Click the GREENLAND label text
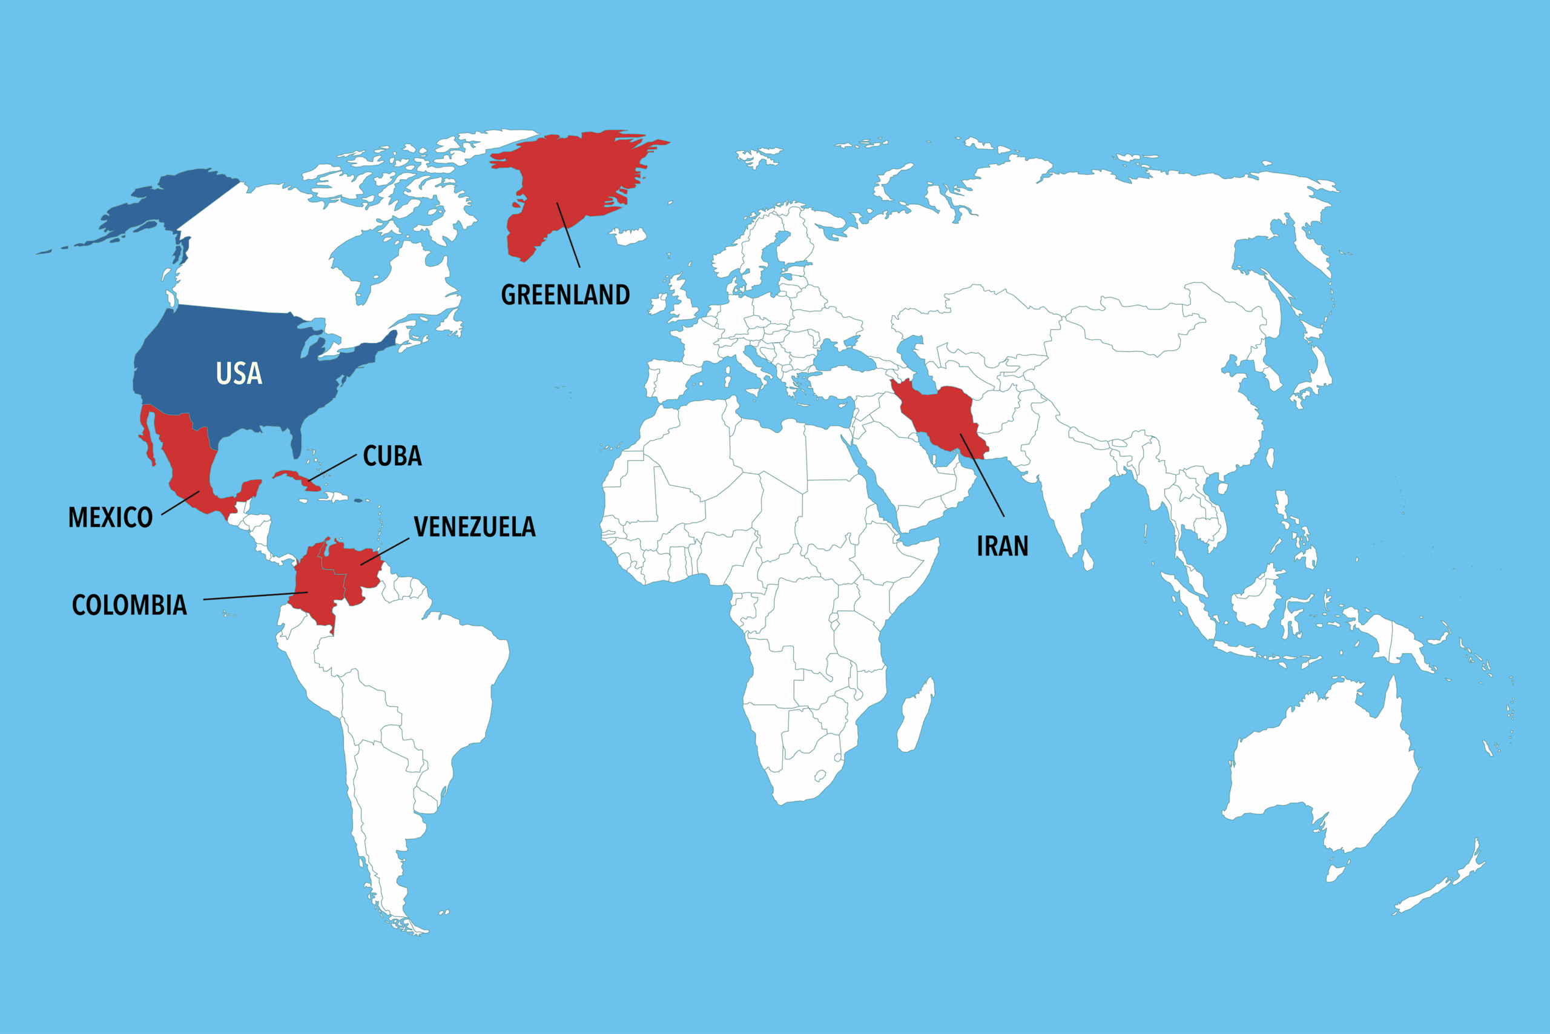(566, 295)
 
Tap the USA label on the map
(239, 374)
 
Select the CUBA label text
(392, 456)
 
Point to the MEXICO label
(111, 518)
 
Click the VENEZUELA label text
(475, 527)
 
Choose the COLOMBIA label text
(129, 605)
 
